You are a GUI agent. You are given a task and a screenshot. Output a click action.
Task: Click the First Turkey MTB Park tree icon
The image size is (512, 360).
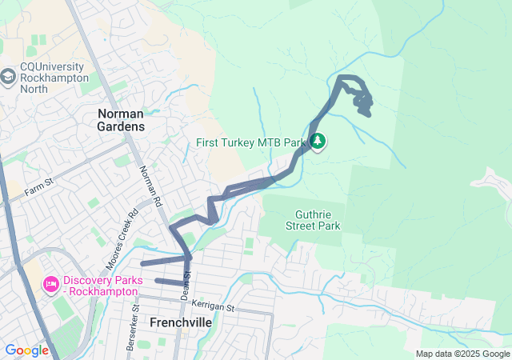tap(318, 142)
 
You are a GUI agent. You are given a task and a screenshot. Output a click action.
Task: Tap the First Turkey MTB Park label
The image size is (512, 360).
tap(252, 143)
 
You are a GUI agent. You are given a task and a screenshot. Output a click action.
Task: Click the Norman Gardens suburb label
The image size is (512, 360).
tap(121, 120)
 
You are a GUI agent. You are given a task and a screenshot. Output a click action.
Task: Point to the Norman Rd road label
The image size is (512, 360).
tap(150, 183)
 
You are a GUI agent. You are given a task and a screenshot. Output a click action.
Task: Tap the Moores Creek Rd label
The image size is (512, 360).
tap(122, 238)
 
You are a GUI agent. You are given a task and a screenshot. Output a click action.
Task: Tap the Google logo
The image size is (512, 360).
tap(27, 350)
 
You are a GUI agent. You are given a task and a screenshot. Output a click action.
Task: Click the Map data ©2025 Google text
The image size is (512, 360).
tap(462, 354)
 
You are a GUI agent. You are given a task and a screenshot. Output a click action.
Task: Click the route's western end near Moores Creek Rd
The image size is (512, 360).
tap(142, 263)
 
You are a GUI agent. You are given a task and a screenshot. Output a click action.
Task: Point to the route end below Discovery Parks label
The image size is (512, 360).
tap(157, 281)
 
